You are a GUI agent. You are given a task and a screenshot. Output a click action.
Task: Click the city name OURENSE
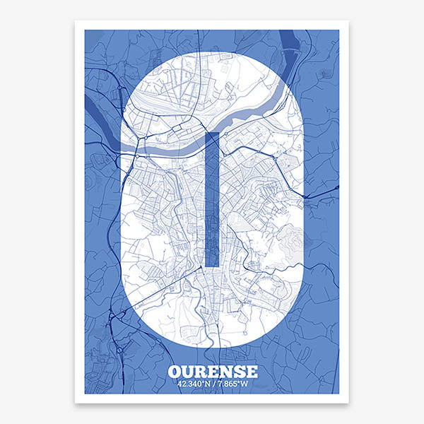coord(213,372)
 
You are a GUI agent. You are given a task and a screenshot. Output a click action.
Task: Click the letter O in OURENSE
coord(175,372)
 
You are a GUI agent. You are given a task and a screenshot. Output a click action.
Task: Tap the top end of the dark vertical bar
coord(211,134)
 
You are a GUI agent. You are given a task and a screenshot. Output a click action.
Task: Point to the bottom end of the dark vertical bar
coord(211,264)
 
